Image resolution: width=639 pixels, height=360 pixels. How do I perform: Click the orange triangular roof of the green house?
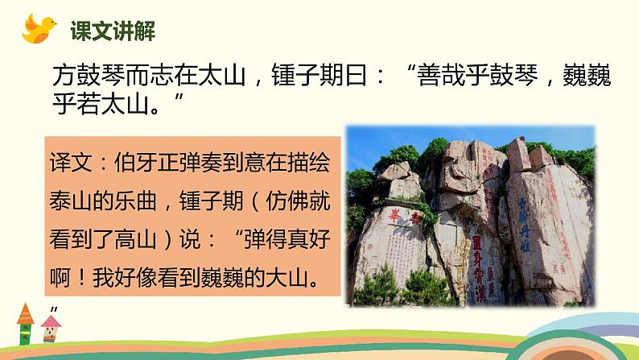click(x=24, y=312)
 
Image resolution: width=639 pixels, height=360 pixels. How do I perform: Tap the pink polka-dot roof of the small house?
click(x=52, y=321)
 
